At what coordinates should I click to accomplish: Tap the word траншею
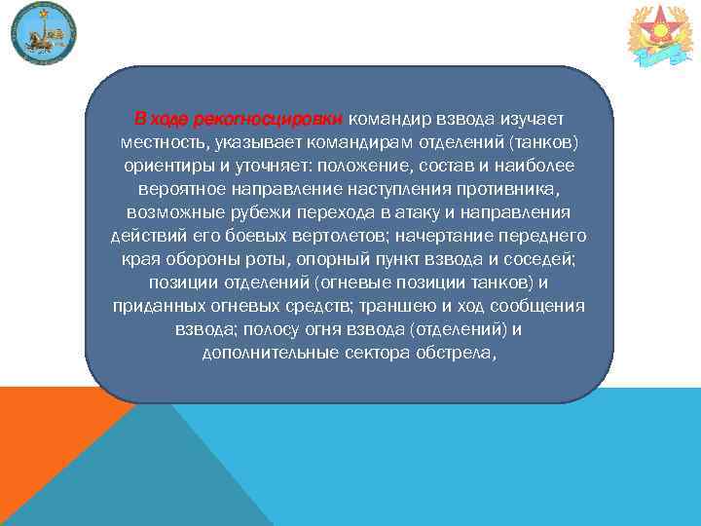pos(402,306)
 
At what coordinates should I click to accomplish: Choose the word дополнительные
pos(271,353)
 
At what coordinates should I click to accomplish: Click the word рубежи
pos(255,212)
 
